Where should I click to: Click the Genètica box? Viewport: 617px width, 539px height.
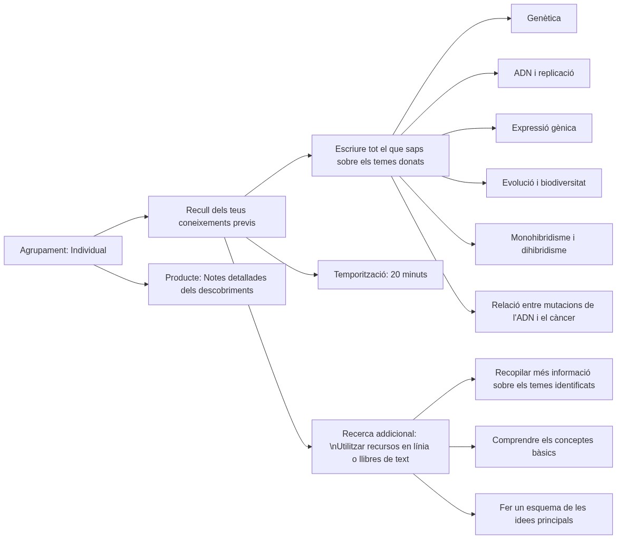coord(544,18)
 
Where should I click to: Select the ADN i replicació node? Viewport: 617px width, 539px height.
coord(544,73)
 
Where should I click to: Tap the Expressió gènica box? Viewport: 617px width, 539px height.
coord(544,128)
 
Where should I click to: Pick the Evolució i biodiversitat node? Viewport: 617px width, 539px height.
coord(544,183)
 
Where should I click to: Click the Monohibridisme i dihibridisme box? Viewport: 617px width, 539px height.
coord(544,244)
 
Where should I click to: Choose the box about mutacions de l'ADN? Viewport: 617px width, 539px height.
coord(544,312)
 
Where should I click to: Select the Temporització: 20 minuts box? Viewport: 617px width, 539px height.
coord(380,275)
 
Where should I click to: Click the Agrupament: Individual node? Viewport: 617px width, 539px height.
coord(63,251)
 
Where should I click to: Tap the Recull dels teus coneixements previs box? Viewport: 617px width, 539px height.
coord(217,217)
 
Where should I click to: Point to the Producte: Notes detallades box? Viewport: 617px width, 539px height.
coord(217,284)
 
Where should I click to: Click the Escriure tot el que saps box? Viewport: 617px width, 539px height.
coord(380,156)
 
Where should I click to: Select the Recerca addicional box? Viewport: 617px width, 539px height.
coord(380,447)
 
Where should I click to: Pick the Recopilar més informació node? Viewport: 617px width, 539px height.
coord(544,379)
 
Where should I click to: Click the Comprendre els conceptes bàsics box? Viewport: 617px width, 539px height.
coord(544,447)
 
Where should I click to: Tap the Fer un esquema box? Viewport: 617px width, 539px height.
coord(544,514)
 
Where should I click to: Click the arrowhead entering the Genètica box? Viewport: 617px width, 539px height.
coord(509,18)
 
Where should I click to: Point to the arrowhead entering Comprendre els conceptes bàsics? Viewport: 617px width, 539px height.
coord(473,447)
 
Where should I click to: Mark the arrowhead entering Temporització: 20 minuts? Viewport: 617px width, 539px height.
coord(315,275)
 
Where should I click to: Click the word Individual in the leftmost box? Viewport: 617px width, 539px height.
coord(89,251)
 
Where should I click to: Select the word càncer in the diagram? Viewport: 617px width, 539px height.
coord(561,318)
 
